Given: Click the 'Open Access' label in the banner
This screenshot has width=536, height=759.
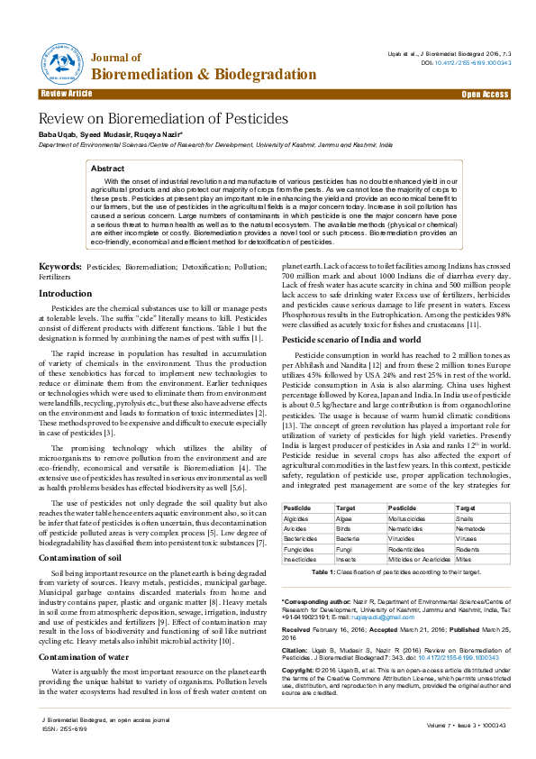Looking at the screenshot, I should [x=485, y=94].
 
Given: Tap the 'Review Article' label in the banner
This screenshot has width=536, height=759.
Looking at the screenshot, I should [x=66, y=94].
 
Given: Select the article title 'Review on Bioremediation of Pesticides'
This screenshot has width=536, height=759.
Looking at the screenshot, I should [x=163, y=119].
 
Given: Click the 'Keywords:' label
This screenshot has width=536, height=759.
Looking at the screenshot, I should [x=59, y=268].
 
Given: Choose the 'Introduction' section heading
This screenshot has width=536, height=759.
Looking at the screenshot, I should [x=65, y=294].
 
